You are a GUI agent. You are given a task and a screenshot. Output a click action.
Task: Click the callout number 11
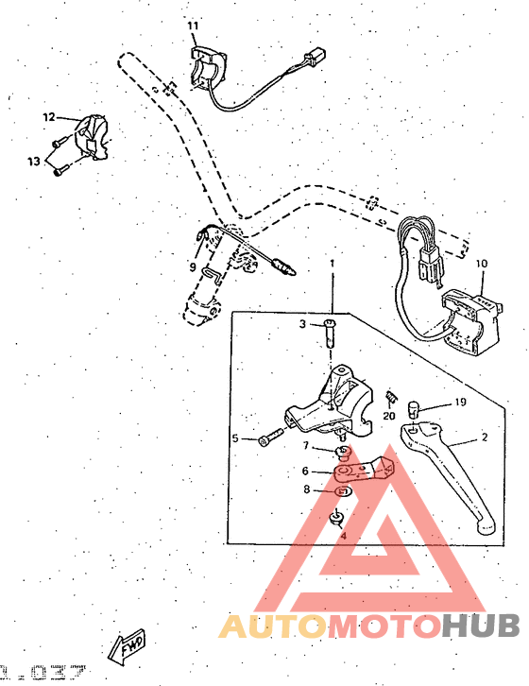(193, 25)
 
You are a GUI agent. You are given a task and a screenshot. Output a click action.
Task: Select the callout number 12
(49, 117)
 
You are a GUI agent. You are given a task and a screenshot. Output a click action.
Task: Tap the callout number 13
(33, 162)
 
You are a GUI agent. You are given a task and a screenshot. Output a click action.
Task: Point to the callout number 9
(193, 267)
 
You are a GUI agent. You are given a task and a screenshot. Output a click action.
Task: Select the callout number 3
(303, 324)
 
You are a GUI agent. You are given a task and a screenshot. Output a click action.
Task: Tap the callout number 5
(235, 438)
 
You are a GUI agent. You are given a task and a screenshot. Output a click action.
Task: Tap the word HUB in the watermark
(481, 625)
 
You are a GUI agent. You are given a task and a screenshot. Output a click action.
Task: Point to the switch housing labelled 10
(470, 312)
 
